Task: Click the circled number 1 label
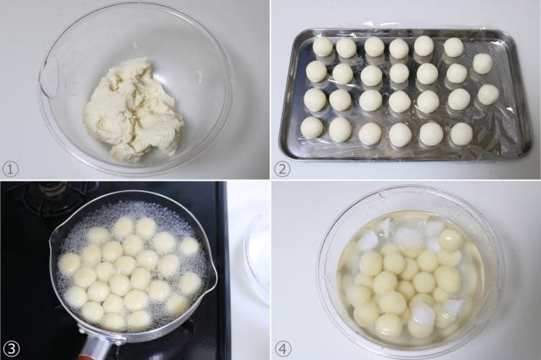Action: point(10,169)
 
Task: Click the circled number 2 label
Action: point(281,169)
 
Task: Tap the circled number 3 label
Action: point(10,349)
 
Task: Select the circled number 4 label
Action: point(282,349)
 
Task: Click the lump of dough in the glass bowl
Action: point(133,111)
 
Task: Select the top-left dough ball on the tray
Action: point(322,46)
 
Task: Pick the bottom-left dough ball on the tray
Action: point(312,128)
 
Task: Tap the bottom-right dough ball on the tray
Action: point(462,134)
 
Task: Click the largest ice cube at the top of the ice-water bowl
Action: point(408,238)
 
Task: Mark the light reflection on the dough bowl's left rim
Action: point(47,78)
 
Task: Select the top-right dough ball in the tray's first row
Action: point(453,47)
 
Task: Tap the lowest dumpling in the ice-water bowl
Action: point(389,326)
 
